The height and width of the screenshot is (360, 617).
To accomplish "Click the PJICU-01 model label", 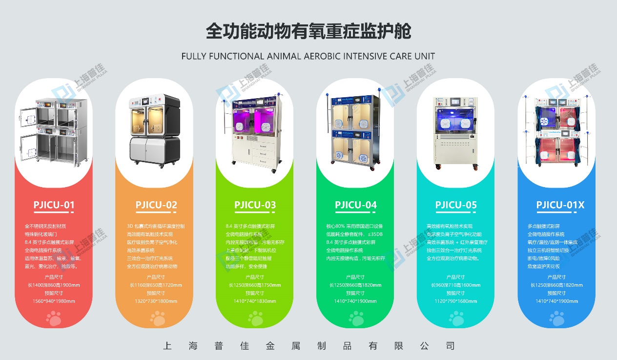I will (x=54, y=205).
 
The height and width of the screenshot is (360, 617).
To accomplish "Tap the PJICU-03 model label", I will (x=255, y=205).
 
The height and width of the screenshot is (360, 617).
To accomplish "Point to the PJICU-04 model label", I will (x=356, y=205).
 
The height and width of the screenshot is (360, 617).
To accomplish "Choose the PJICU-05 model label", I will (x=456, y=205).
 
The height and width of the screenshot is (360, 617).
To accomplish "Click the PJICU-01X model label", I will (x=560, y=205).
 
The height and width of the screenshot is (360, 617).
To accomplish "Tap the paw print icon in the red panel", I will (x=54, y=319).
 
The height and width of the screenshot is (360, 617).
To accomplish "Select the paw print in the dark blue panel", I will (x=557, y=319).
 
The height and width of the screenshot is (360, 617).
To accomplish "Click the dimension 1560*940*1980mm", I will (x=54, y=301).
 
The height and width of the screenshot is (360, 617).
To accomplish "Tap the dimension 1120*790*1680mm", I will (x=456, y=301).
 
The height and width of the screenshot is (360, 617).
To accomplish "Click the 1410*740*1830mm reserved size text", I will (x=255, y=301).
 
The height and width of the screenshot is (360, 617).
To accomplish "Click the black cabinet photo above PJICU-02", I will (x=154, y=129).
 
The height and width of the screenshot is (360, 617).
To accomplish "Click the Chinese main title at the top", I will (x=308, y=31).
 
